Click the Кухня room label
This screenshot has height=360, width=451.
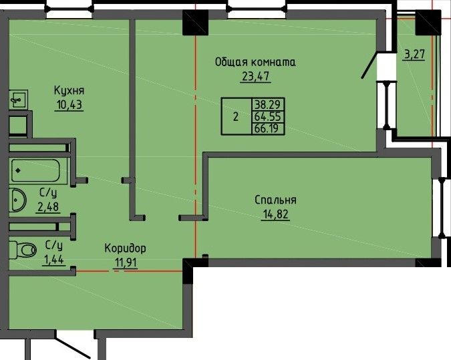point(69,91)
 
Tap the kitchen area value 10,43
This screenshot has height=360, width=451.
point(69,105)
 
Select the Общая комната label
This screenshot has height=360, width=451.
point(255,62)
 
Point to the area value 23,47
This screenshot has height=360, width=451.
point(255,77)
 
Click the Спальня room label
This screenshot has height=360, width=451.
point(275,200)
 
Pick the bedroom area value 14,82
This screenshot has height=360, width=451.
point(275,214)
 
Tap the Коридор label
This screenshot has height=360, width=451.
point(125,248)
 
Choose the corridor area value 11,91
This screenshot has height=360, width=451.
point(126,262)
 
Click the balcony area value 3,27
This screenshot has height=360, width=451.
point(414,54)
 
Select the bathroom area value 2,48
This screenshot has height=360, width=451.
point(48,206)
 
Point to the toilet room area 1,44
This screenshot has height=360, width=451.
point(53,260)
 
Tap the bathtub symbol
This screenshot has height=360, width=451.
point(36,170)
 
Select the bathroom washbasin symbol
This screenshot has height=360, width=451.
point(17,200)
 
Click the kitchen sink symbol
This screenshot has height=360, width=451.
point(19,100)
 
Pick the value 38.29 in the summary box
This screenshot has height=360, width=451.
point(269,104)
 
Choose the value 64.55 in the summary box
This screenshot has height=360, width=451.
point(269,117)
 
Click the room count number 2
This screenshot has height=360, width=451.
point(236,117)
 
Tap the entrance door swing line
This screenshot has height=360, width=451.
point(72,344)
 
